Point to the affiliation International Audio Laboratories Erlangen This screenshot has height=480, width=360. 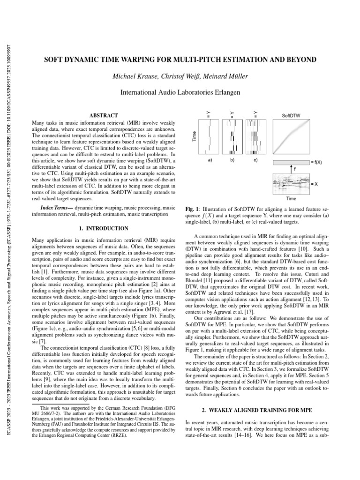[180, 93]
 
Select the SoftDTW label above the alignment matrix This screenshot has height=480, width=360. [292, 115]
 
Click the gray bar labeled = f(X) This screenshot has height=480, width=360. [291, 161]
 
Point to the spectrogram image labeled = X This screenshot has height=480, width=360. [291, 184]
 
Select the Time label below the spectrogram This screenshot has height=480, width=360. [291, 198]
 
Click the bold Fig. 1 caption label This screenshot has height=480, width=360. [192, 208]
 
